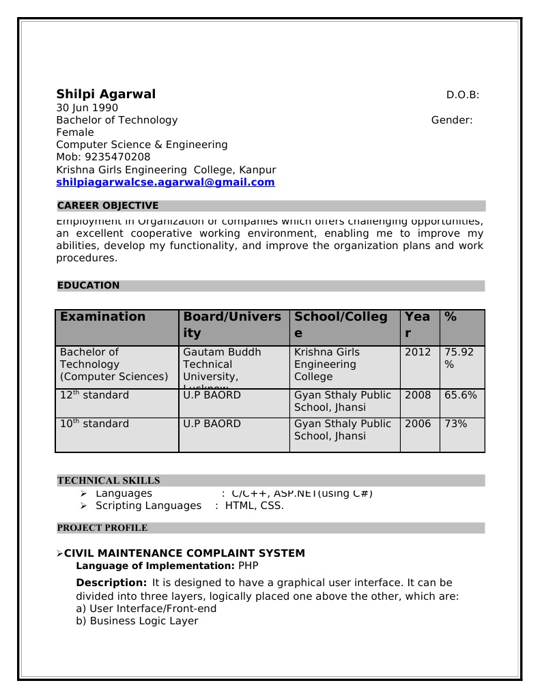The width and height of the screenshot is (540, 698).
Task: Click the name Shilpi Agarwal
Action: point(106,94)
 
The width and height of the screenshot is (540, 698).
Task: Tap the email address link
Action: point(165,182)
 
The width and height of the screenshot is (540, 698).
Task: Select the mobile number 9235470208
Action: point(103,157)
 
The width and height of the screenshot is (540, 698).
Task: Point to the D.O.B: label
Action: point(462,95)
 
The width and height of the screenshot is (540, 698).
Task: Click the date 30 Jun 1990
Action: point(87,108)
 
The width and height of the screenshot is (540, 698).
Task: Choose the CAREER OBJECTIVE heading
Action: point(108,205)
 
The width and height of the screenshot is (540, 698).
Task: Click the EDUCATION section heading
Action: point(88,285)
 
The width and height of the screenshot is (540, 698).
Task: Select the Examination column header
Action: point(102,317)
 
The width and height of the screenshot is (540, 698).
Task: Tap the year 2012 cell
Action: point(418,352)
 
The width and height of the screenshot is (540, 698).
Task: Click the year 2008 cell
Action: point(418,395)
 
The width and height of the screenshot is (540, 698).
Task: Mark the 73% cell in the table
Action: point(455,424)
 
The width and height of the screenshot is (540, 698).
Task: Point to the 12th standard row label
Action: point(94,395)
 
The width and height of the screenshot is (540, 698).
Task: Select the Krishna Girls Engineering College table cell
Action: point(327,364)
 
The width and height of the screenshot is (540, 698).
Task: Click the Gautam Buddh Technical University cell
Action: point(222,364)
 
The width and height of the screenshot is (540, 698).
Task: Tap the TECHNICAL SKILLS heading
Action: point(109,480)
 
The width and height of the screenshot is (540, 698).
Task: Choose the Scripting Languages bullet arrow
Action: point(83,506)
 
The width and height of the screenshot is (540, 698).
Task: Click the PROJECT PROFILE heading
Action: point(102,527)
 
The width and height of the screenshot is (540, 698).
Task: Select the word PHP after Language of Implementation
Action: point(248,566)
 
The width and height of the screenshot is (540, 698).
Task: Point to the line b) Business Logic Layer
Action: point(137,621)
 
